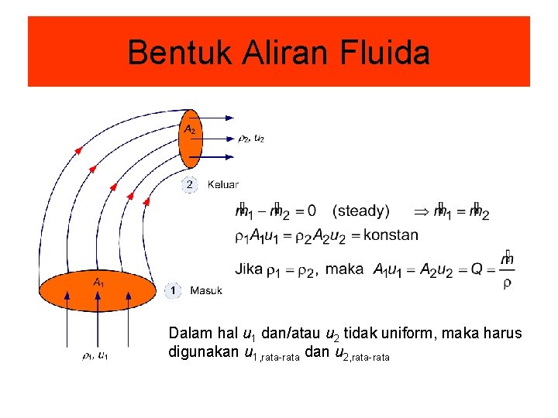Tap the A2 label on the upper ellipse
pyautogui.click(x=189, y=129)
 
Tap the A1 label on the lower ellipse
pyautogui.click(x=98, y=283)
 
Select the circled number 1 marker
pyautogui.click(x=173, y=291)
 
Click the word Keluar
pyautogui.click(x=223, y=185)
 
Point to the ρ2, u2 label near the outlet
pyautogui.click(x=251, y=139)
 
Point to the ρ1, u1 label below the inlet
pyautogui.click(x=95, y=356)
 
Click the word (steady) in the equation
pyautogui.click(x=360, y=211)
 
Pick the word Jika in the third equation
pyautogui.click(x=249, y=269)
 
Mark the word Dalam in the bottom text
pyautogui.click(x=188, y=334)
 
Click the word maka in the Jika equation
pyautogui.click(x=345, y=269)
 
